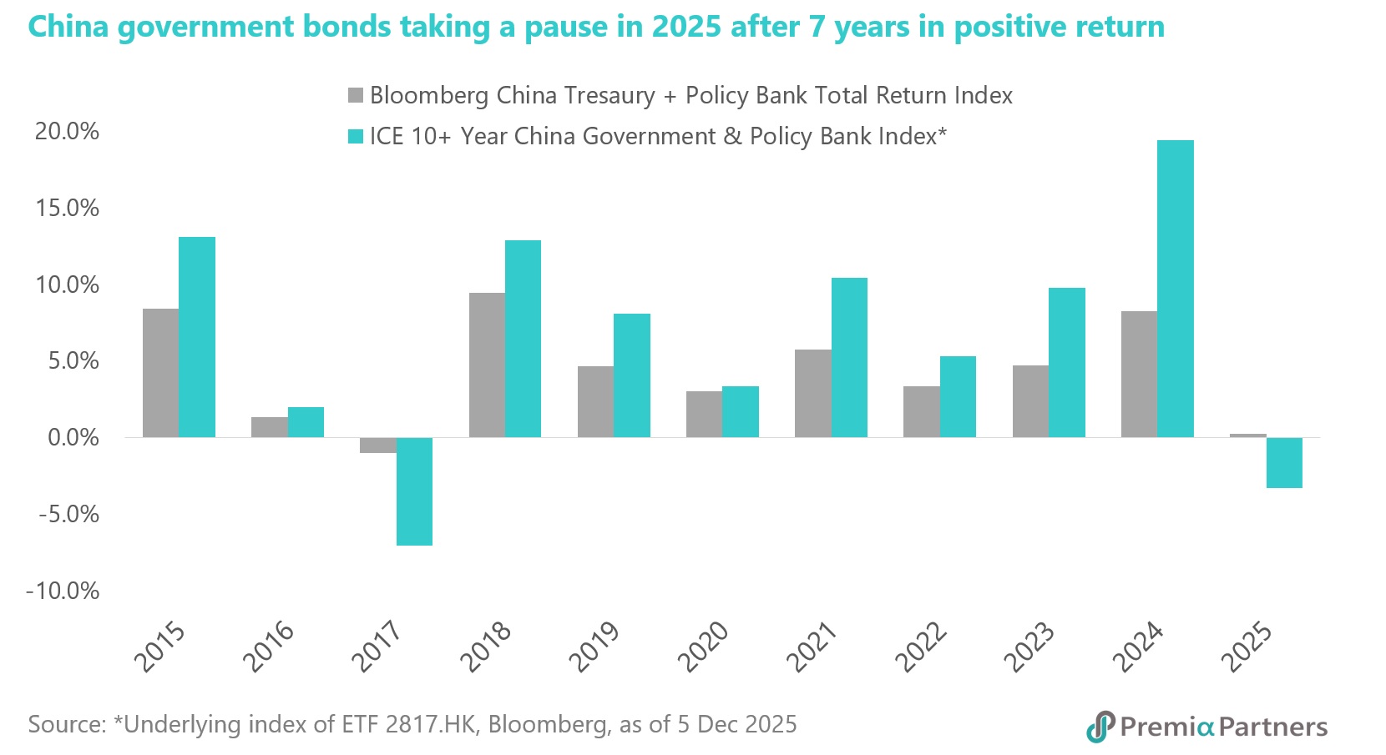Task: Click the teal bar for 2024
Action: point(1175,289)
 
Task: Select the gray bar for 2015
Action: point(160,373)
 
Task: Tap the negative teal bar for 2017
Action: point(414,491)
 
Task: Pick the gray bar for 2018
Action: point(487,365)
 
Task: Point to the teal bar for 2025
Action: point(1284,462)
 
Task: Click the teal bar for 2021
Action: point(849,357)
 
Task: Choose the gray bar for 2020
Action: point(704,414)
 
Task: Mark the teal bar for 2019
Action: point(632,375)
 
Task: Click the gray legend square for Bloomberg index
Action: point(356,95)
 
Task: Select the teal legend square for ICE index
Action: point(356,136)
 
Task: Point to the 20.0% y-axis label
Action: point(67,131)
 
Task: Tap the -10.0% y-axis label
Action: point(63,591)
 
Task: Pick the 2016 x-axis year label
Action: point(269,647)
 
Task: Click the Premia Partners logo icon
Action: point(1100,727)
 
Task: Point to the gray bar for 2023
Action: point(1030,401)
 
